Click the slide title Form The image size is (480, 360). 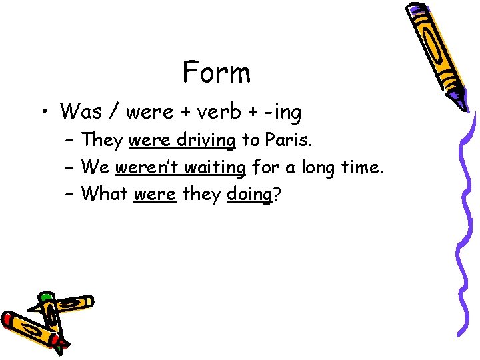tap(217, 73)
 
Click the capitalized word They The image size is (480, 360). tap(103, 140)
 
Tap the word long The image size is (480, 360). tap(324, 168)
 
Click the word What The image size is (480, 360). tap(105, 195)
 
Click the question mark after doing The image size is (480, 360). tap(277, 195)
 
